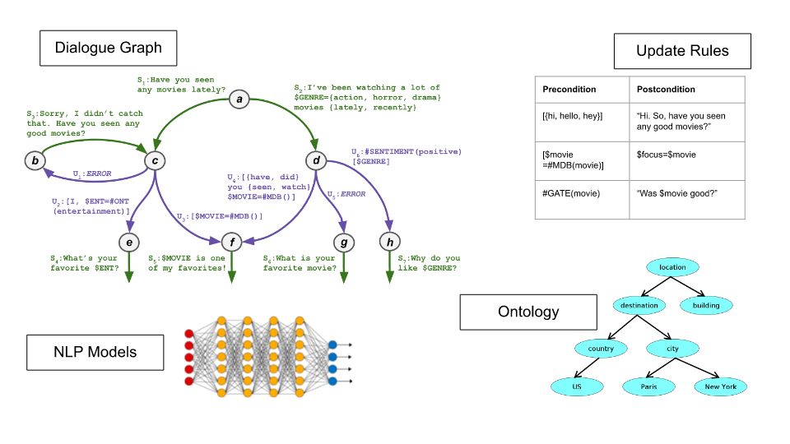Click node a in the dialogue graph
(x=239, y=100)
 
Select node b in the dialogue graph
(x=35, y=160)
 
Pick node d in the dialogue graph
(x=316, y=160)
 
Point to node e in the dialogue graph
(x=129, y=242)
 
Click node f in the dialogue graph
(x=233, y=242)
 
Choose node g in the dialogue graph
(x=343, y=242)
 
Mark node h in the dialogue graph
(x=389, y=242)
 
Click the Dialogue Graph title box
(x=109, y=49)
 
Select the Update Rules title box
(x=682, y=51)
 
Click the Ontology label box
(x=528, y=312)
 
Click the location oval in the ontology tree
(x=672, y=267)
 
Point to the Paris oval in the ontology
(x=649, y=386)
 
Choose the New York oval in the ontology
(x=721, y=386)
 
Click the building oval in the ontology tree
(x=705, y=305)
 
